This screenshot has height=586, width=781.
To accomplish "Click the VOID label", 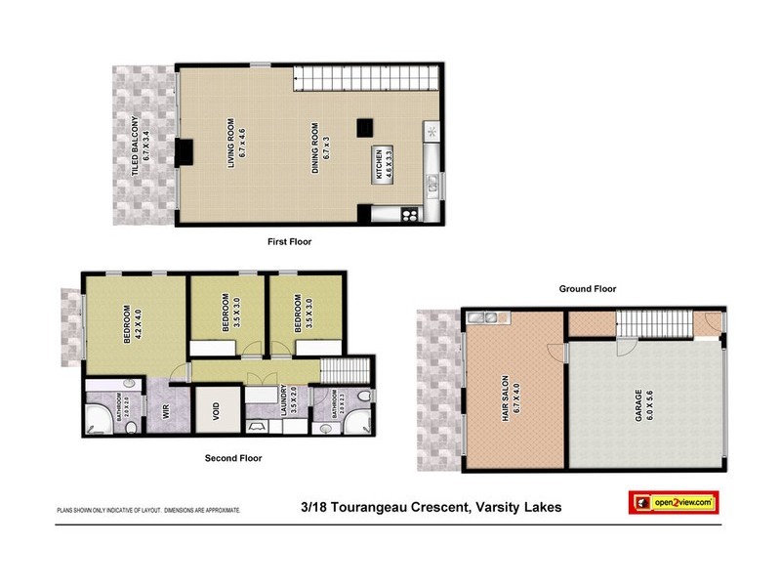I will click(x=217, y=413).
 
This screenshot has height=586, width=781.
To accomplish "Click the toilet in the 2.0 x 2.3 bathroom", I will click(x=363, y=396).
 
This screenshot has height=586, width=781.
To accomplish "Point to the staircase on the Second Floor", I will click(x=343, y=370).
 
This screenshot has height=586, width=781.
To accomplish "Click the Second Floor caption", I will click(x=233, y=457).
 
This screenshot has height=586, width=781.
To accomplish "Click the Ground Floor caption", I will click(x=587, y=289).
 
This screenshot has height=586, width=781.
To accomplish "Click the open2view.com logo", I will click(x=672, y=502).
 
